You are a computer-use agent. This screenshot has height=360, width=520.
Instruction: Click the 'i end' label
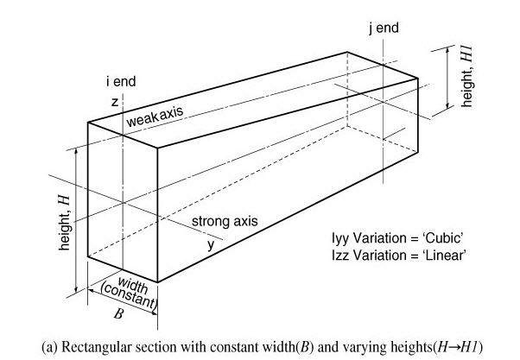tap(121, 82)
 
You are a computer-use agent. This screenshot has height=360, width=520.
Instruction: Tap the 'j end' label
tap(384, 28)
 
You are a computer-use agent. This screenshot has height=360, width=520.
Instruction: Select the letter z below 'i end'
tap(113, 101)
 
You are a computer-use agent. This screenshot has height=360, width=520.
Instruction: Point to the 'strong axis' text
tap(225, 222)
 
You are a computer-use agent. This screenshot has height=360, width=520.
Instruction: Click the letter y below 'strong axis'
tap(210, 244)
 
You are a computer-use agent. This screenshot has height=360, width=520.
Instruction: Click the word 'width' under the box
tap(132, 285)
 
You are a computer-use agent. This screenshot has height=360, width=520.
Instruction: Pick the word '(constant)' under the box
tap(129, 297)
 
